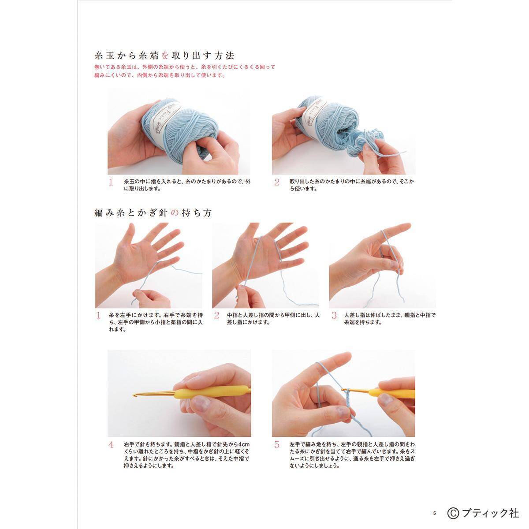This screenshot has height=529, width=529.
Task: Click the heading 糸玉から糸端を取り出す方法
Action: (164, 56)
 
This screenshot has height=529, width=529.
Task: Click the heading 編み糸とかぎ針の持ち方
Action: (153, 212)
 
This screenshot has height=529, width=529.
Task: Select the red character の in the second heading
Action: (174, 212)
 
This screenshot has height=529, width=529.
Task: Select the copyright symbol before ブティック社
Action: (453, 513)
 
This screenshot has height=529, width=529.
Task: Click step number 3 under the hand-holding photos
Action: (334, 316)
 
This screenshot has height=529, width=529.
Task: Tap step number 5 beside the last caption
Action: (276, 445)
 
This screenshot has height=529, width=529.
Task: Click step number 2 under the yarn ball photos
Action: (276, 182)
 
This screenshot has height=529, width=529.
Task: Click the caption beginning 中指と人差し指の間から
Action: (273, 319)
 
